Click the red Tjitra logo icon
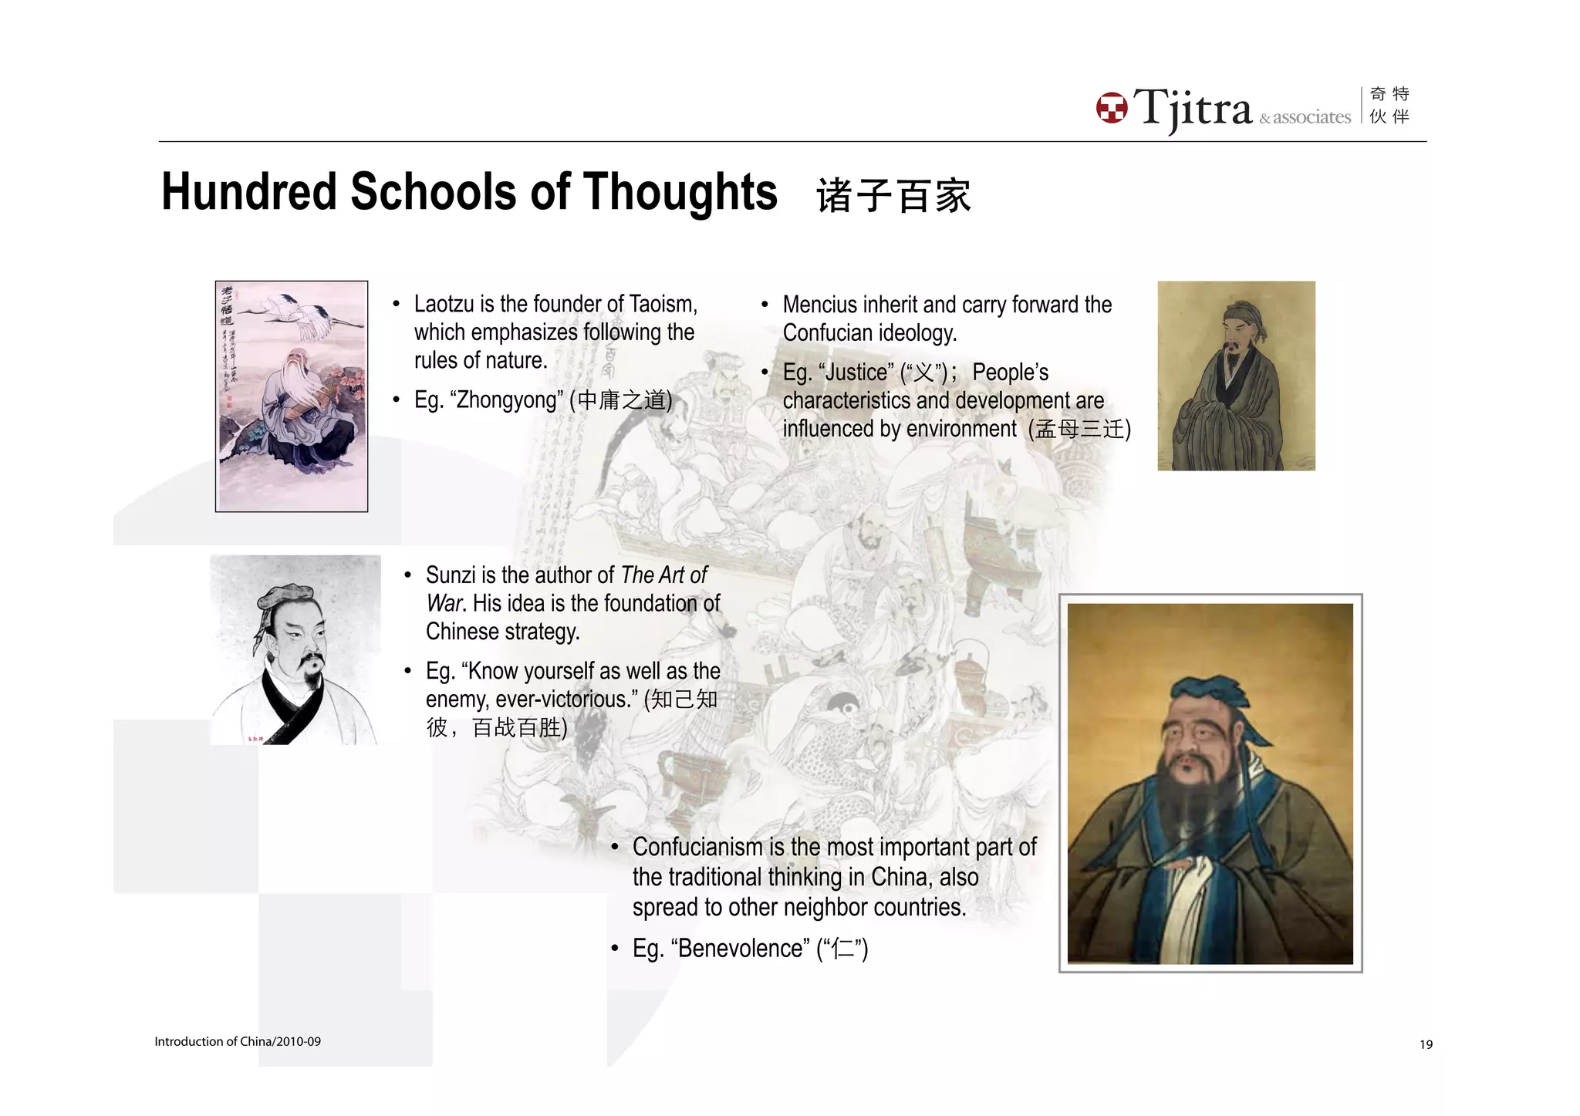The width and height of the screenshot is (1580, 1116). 1111,108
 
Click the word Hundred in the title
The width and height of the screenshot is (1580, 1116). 248,192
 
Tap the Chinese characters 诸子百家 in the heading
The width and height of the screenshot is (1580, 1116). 893,195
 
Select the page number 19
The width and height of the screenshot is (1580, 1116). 1426,1044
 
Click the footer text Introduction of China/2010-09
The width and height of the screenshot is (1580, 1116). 238,1041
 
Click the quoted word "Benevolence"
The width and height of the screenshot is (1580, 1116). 740,948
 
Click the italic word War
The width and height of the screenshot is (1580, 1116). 444,603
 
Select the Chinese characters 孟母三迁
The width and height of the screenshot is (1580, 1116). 1079,429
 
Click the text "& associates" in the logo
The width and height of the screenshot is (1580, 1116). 1305,117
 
